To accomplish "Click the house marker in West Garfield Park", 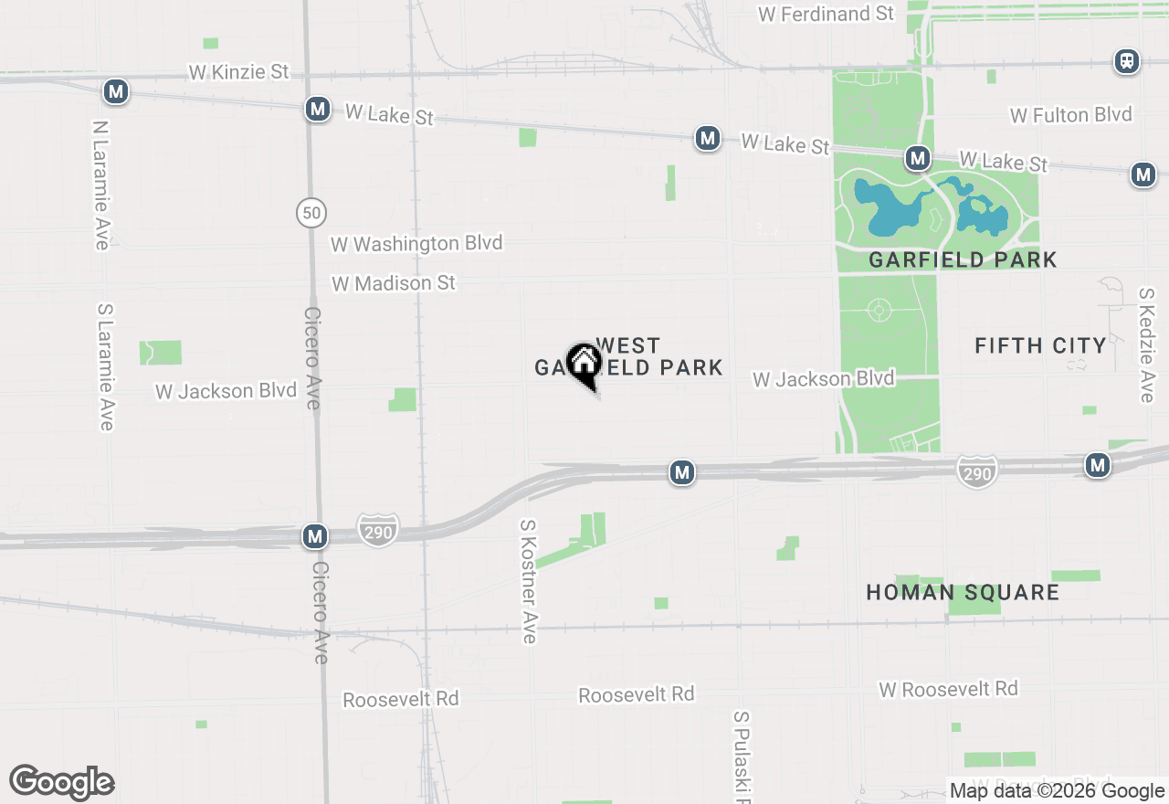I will pyautogui.click(x=584, y=364).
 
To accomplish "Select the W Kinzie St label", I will pyautogui.click(x=238, y=71).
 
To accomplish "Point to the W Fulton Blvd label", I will pyautogui.click(x=1070, y=115).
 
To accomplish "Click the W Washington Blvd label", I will pyautogui.click(x=416, y=244).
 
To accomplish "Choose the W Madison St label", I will pyautogui.click(x=394, y=284).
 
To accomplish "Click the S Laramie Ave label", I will pyautogui.click(x=105, y=366).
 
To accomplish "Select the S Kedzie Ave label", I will pyautogui.click(x=1147, y=345).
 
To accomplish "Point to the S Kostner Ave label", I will pyautogui.click(x=528, y=582).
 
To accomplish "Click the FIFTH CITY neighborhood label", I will pyautogui.click(x=1040, y=346).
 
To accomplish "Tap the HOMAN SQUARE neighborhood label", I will pyautogui.click(x=963, y=593).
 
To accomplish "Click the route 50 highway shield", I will pyautogui.click(x=311, y=214).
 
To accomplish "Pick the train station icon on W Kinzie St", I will pyautogui.click(x=1127, y=62).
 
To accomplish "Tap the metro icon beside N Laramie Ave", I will pyautogui.click(x=115, y=91).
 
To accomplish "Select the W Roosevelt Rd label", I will pyautogui.click(x=948, y=689).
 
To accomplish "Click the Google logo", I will pyautogui.click(x=62, y=783).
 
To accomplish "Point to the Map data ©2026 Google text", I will pyautogui.click(x=1057, y=791).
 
